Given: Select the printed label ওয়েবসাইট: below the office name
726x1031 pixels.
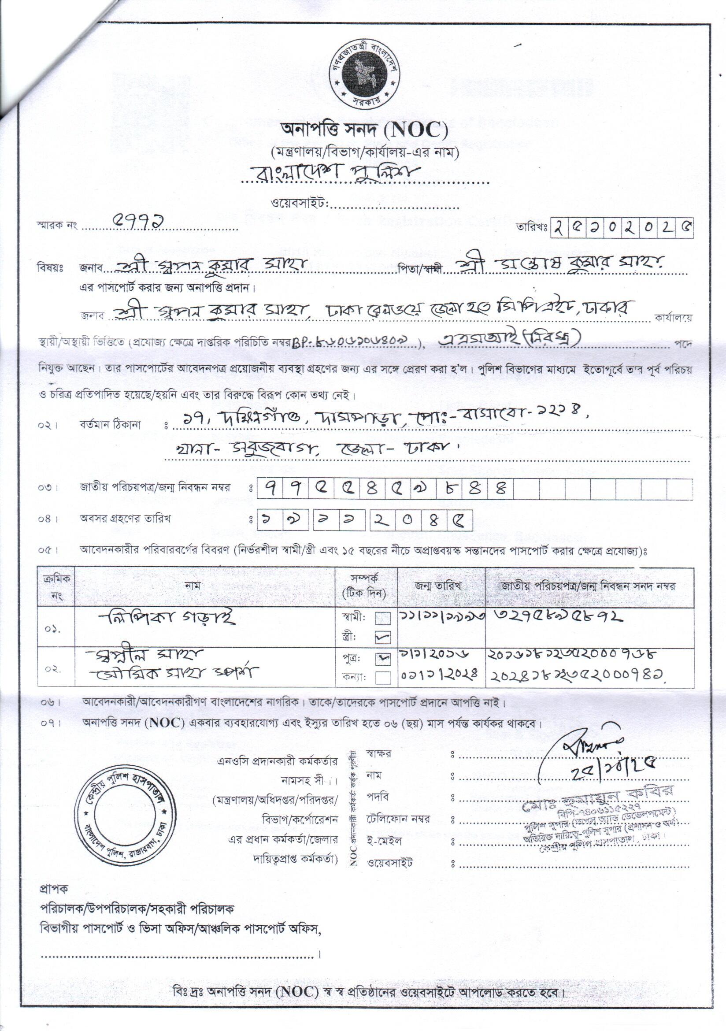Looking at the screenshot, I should tap(300, 204).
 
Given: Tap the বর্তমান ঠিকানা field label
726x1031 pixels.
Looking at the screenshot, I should tap(110, 423).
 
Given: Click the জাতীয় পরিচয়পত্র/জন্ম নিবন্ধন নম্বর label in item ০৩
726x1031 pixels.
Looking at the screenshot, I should tap(155, 487).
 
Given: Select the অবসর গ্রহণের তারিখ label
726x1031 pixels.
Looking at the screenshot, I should tap(125, 519).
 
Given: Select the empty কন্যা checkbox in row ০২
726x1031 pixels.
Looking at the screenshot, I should tap(383, 677).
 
